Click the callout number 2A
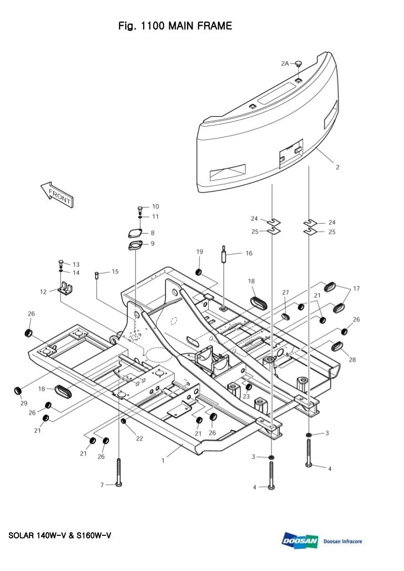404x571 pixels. pyautogui.click(x=285, y=63)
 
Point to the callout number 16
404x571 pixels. pyautogui.click(x=249, y=253)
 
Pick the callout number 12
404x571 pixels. pyautogui.click(x=43, y=291)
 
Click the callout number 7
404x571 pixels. pyautogui.click(x=103, y=485)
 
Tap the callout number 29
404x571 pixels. pyautogui.click(x=24, y=403)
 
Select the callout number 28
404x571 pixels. pyautogui.click(x=352, y=360)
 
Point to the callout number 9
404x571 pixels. pyautogui.click(x=153, y=243)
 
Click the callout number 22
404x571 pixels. pyautogui.click(x=139, y=439)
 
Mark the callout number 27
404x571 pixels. pyautogui.click(x=286, y=292)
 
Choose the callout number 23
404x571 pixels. pyautogui.click(x=246, y=397)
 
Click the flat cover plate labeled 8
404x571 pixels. pyautogui.click(x=135, y=233)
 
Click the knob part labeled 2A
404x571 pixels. pyautogui.click(x=298, y=64)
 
